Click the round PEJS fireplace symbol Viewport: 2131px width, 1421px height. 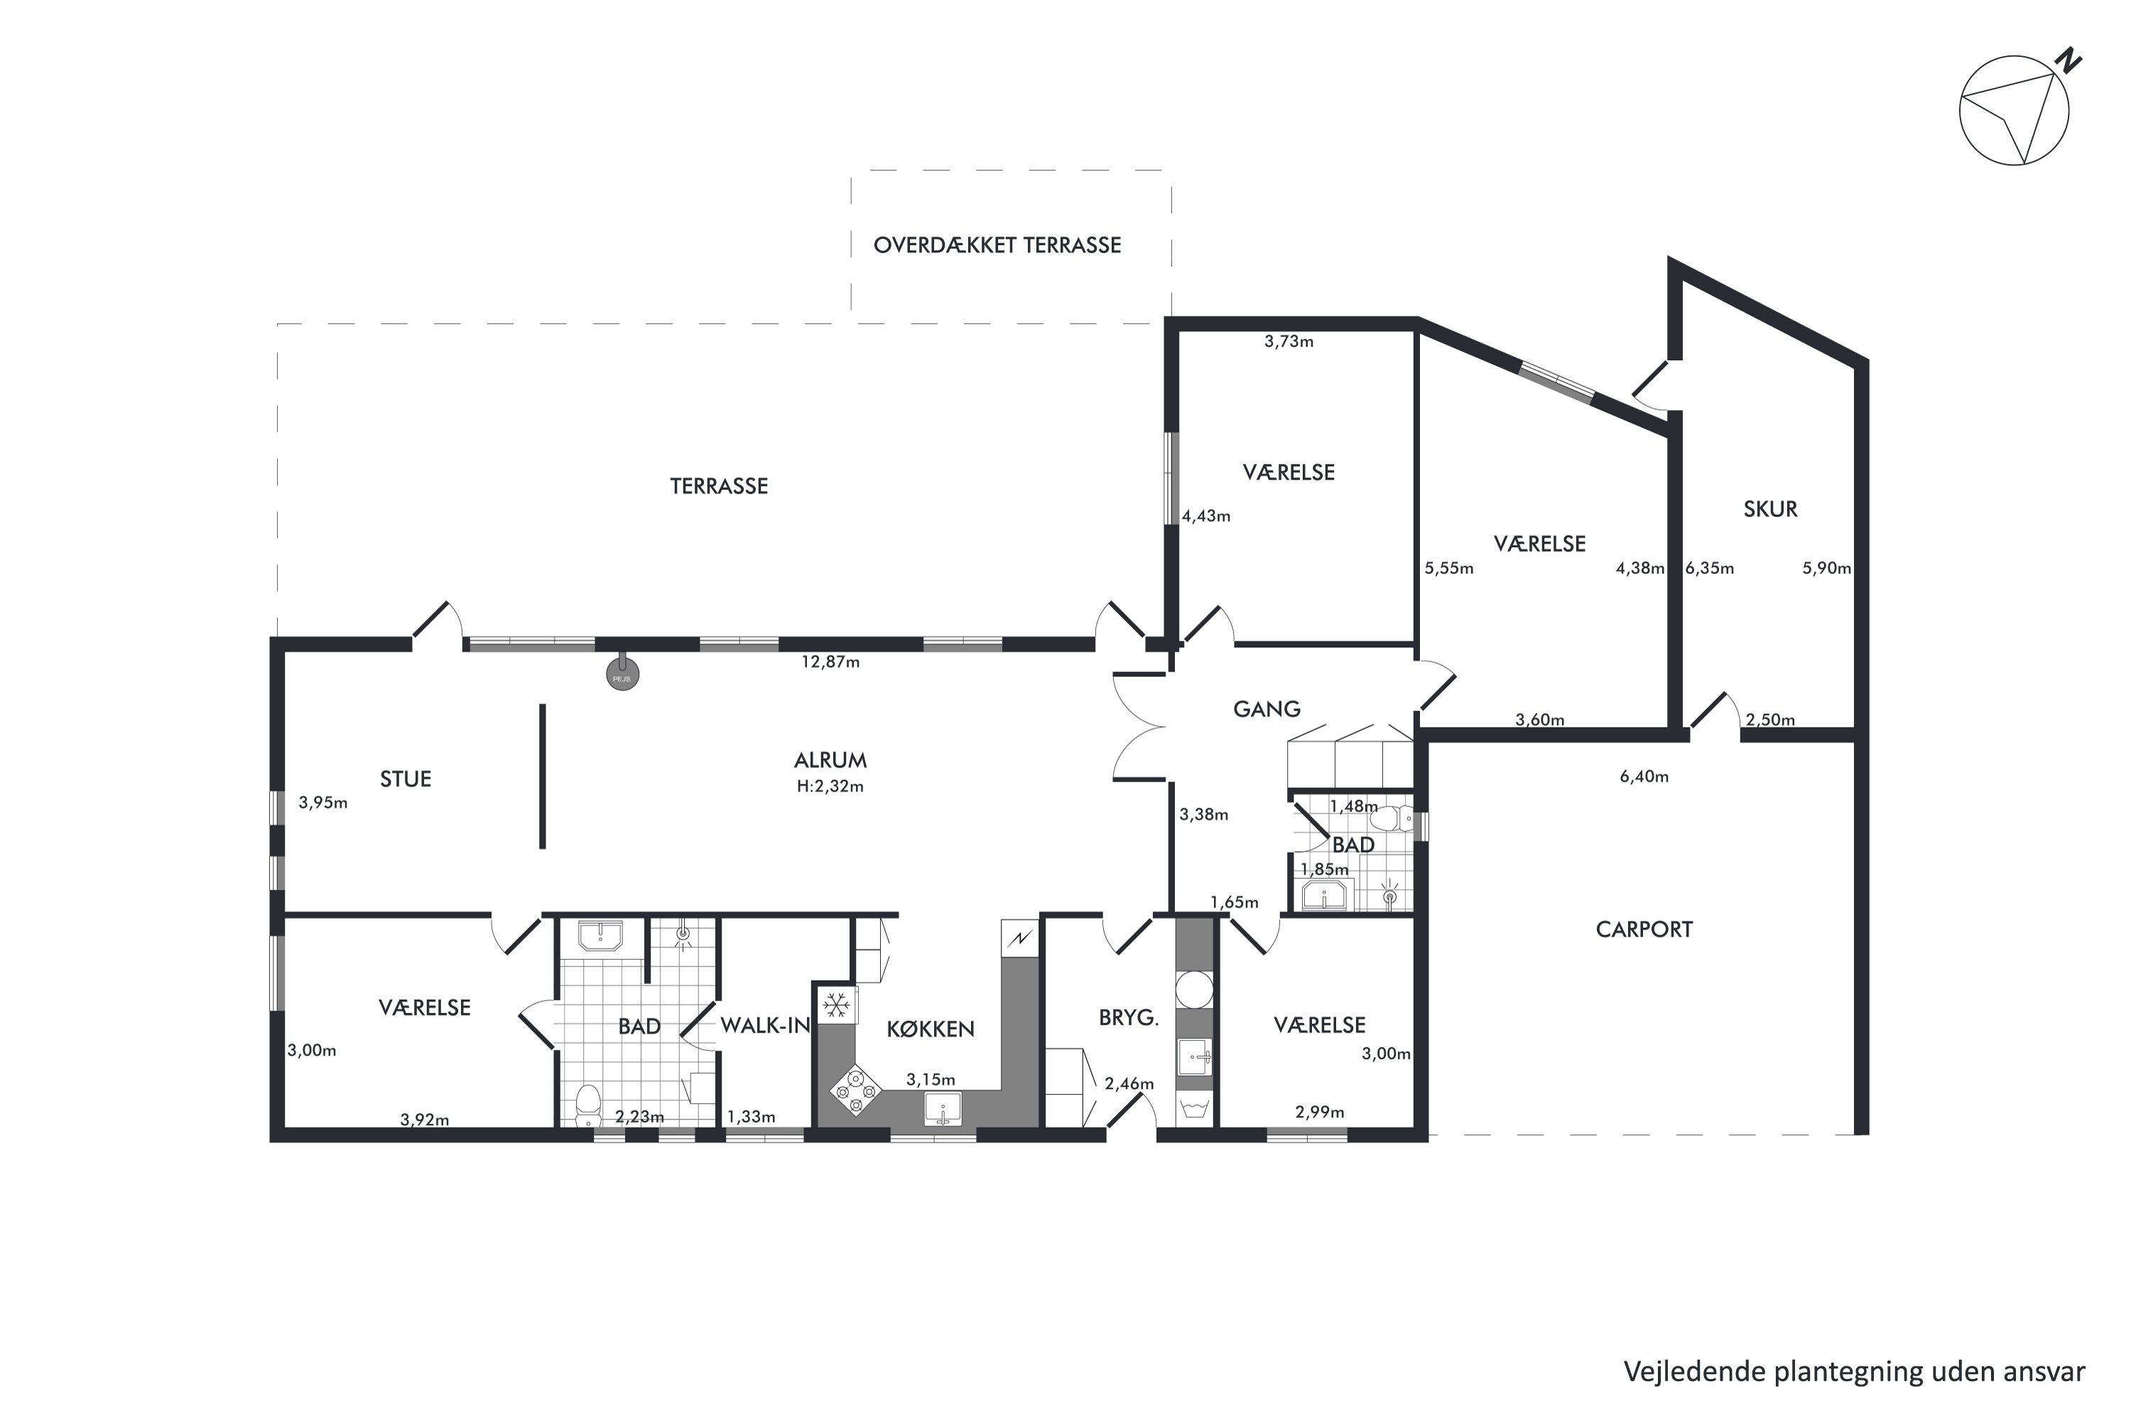[x=622, y=675]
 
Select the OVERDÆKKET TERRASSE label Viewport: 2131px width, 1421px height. [x=997, y=244]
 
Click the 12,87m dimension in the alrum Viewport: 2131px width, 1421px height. [x=830, y=661]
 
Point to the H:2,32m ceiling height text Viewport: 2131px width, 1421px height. [x=830, y=786]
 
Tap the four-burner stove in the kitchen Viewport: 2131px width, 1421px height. [x=855, y=1088]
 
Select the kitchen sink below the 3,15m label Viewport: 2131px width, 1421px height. [x=943, y=1108]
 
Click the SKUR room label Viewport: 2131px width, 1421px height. [x=1770, y=509]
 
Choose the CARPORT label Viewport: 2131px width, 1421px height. [x=1644, y=929]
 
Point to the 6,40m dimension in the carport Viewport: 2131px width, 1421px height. [x=1644, y=776]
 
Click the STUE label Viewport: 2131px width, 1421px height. [x=405, y=779]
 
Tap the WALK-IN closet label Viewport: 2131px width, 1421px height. [x=765, y=1025]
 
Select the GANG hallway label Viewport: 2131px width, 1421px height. [x=1267, y=708]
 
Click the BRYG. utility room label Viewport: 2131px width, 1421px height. [x=1129, y=1017]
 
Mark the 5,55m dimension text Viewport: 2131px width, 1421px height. [x=1449, y=568]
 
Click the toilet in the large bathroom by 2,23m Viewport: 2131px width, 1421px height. [x=588, y=1103]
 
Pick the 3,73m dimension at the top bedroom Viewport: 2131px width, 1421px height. [x=1289, y=341]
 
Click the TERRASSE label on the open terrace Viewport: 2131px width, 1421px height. [x=718, y=486]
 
